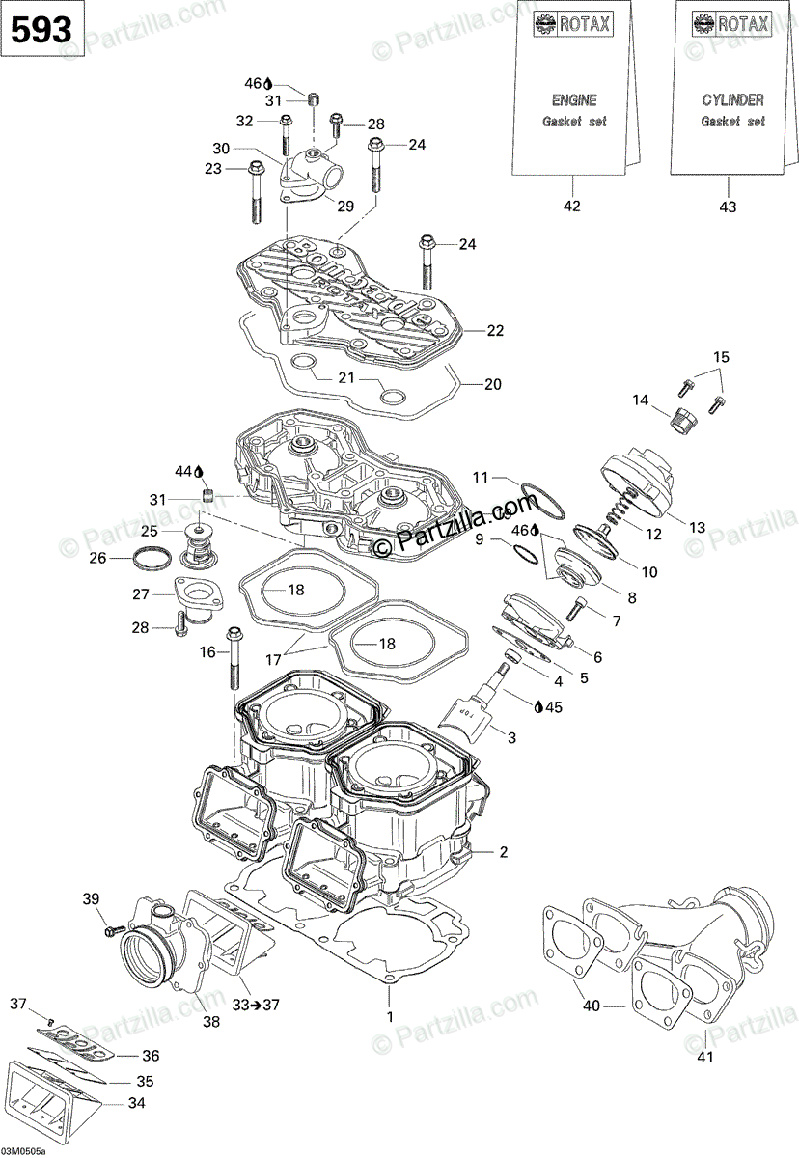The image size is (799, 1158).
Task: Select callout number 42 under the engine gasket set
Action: point(572,207)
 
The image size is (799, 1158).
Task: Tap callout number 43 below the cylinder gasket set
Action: point(728,207)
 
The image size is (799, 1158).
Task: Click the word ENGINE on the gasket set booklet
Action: point(573,100)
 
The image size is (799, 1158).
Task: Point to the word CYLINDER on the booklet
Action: point(731,100)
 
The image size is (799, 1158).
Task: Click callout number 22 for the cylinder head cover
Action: point(495,331)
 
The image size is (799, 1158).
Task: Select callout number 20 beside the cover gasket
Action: point(492,384)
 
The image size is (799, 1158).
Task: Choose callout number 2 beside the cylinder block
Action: point(502,852)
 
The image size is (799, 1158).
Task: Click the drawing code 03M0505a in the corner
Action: point(30,1150)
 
